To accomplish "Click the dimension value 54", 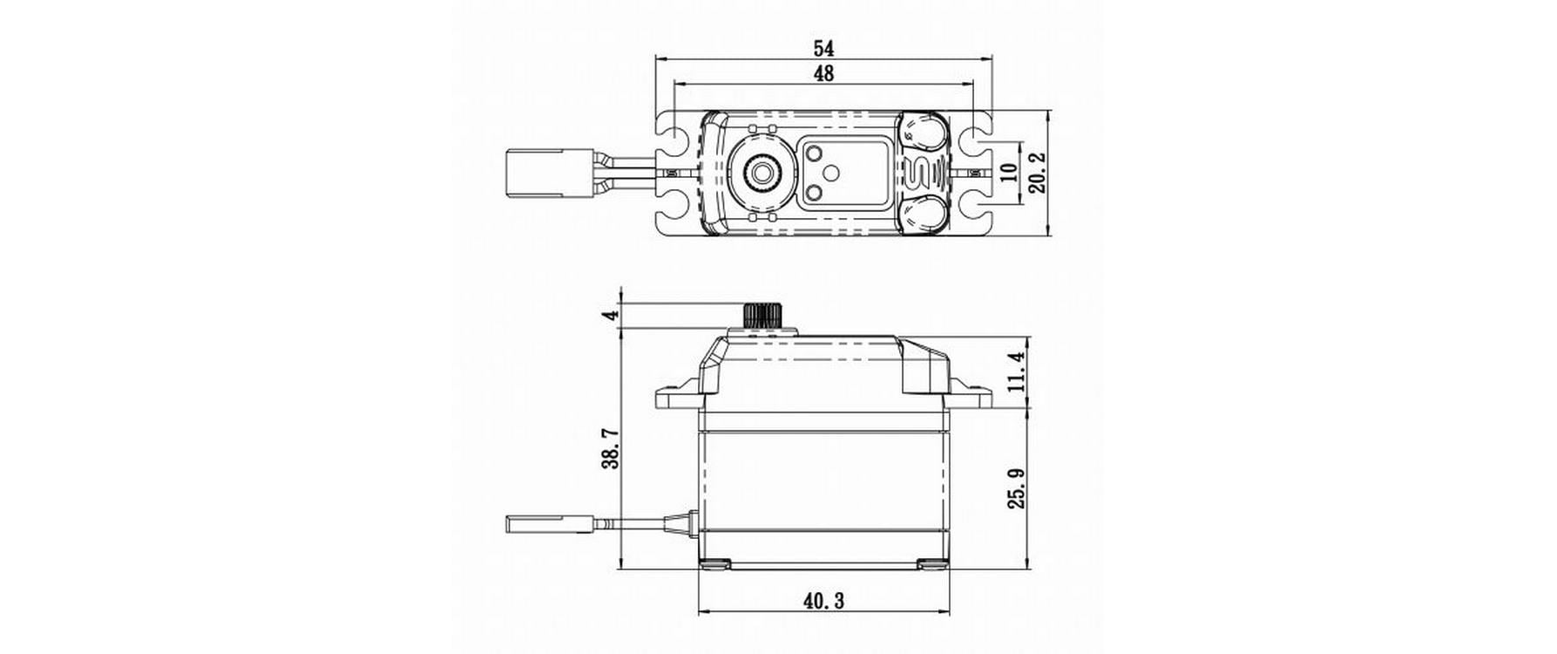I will click(x=823, y=47).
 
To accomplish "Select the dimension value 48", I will click(x=823, y=74).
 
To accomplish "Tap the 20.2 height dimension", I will click(x=1036, y=173).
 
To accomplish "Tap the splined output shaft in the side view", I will click(x=762, y=316).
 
